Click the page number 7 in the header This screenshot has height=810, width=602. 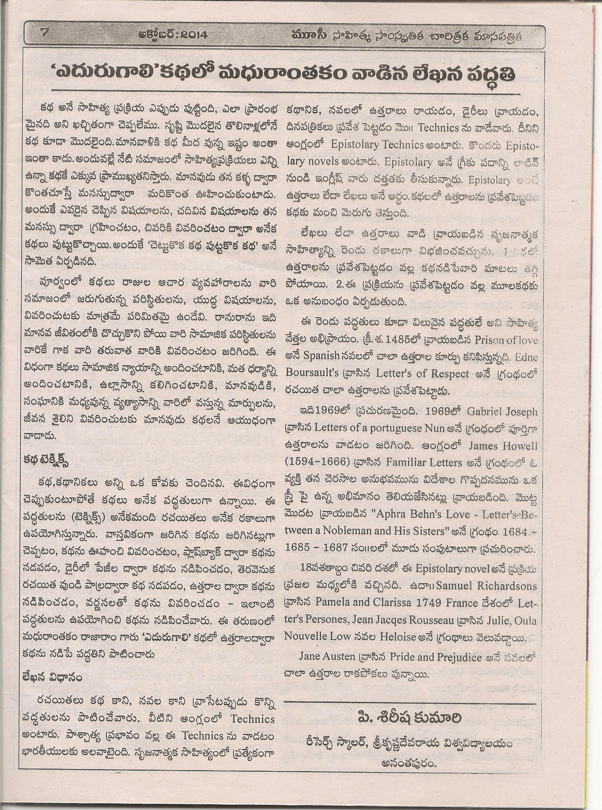click(45, 33)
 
